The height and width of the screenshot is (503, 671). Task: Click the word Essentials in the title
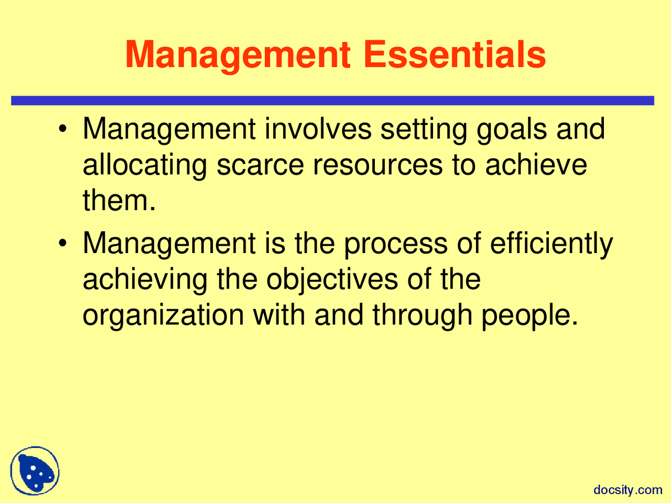(x=454, y=54)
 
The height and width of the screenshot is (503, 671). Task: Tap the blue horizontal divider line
(x=332, y=101)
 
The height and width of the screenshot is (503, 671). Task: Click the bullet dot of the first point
(x=63, y=129)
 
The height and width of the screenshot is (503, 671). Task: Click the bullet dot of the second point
(x=63, y=244)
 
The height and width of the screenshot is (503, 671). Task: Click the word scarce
(x=260, y=165)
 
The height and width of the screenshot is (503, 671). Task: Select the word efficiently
(x=551, y=244)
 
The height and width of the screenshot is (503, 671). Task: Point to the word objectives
(x=332, y=280)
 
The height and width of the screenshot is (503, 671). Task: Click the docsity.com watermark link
(x=628, y=490)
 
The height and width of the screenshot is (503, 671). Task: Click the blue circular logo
(x=35, y=471)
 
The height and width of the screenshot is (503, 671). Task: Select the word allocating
(x=145, y=166)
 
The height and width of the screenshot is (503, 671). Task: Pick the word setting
(x=424, y=130)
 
